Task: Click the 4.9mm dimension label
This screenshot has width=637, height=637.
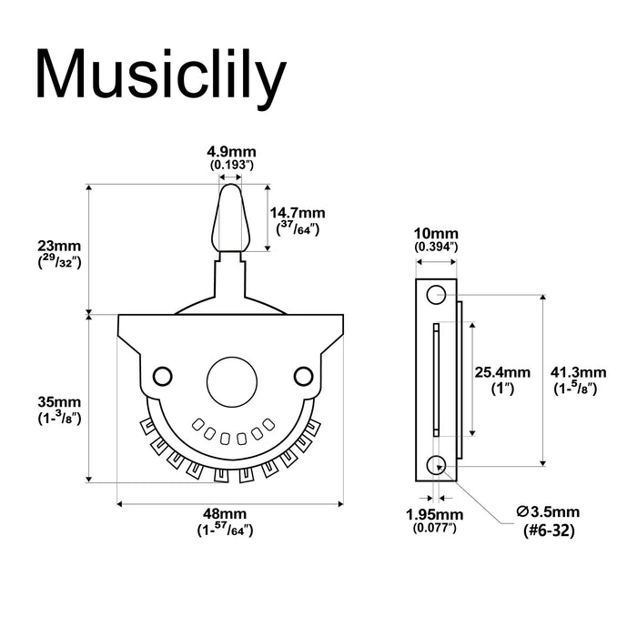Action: pos(231,152)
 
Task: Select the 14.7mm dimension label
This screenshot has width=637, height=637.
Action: pos(298,212)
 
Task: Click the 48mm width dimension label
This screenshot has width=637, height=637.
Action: pos(231,514)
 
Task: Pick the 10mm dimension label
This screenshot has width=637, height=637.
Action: pos(436,233)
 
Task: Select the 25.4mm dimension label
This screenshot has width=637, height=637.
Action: pos(502,372)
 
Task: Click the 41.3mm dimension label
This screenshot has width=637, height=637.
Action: pos(579,372)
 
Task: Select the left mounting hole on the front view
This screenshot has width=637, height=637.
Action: pos(164,375)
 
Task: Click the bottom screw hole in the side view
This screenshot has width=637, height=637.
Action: pos(436,465)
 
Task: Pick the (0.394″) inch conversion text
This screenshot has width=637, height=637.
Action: pos(436,248)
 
